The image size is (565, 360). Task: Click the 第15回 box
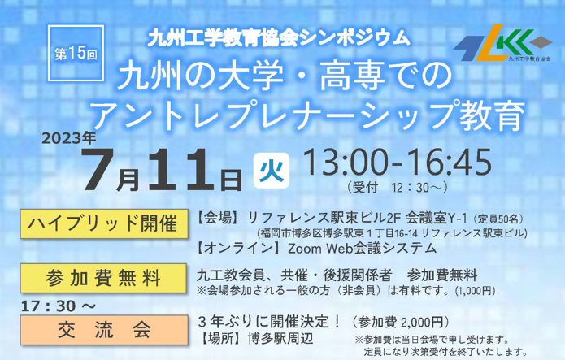[x=76, y=53]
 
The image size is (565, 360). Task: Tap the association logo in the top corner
[x=502, y=43]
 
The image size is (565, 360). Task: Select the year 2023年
[x=69, y=138]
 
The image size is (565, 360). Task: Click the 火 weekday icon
[x=272, y=171]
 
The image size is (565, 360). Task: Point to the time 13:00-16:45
[x=397, y=162]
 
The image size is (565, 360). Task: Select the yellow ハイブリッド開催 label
[x=104, y=223]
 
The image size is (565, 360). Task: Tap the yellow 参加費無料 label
[x=103, y=278]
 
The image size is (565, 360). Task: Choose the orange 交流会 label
[x=104, y=330]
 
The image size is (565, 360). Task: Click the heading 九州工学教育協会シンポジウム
[x=279, y=38]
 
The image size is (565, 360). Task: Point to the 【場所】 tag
[x=223, y=339]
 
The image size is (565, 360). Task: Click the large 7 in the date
[x=99, y=169]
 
